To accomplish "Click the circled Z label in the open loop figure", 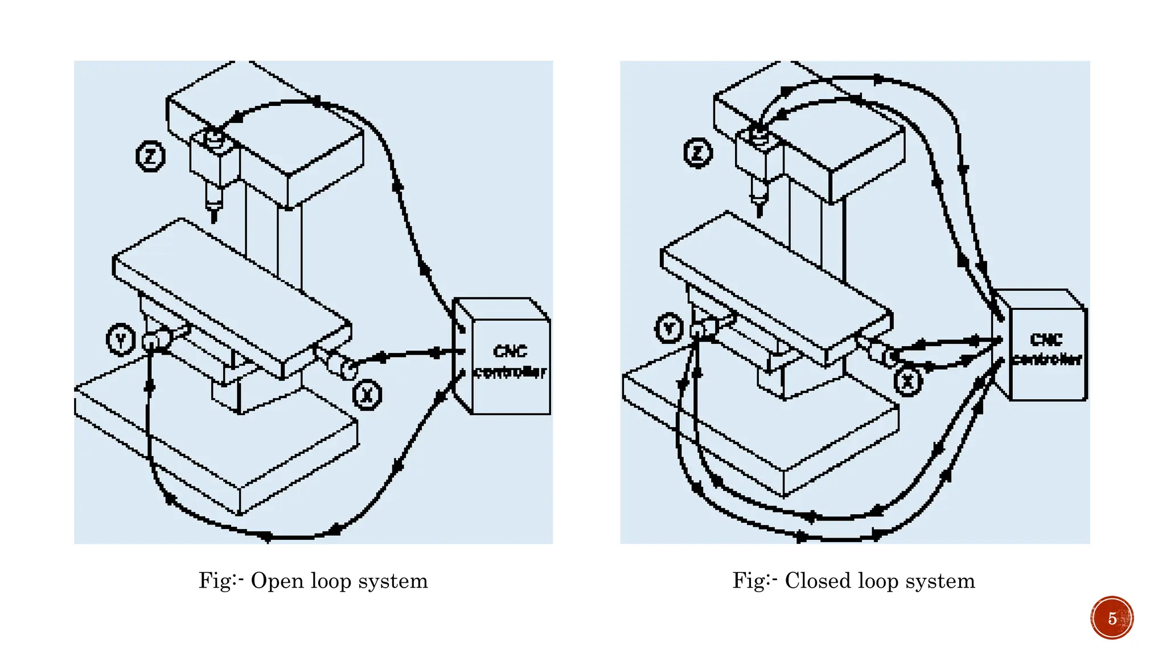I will pos(150,156).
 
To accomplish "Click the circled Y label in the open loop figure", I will pos(121,340).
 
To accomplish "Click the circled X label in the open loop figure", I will pos(367,394).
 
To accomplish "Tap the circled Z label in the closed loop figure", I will pos(698,153).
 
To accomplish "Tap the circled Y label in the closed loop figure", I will pos(669,328).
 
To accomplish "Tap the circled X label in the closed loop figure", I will pos(908,381).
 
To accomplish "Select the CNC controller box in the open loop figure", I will pos(510,362).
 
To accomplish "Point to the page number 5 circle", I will pos(1112,618).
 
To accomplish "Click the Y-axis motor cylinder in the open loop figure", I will pos(157,341).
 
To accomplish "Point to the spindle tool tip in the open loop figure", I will pos(214,216).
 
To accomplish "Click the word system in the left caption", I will pos(393,581).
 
